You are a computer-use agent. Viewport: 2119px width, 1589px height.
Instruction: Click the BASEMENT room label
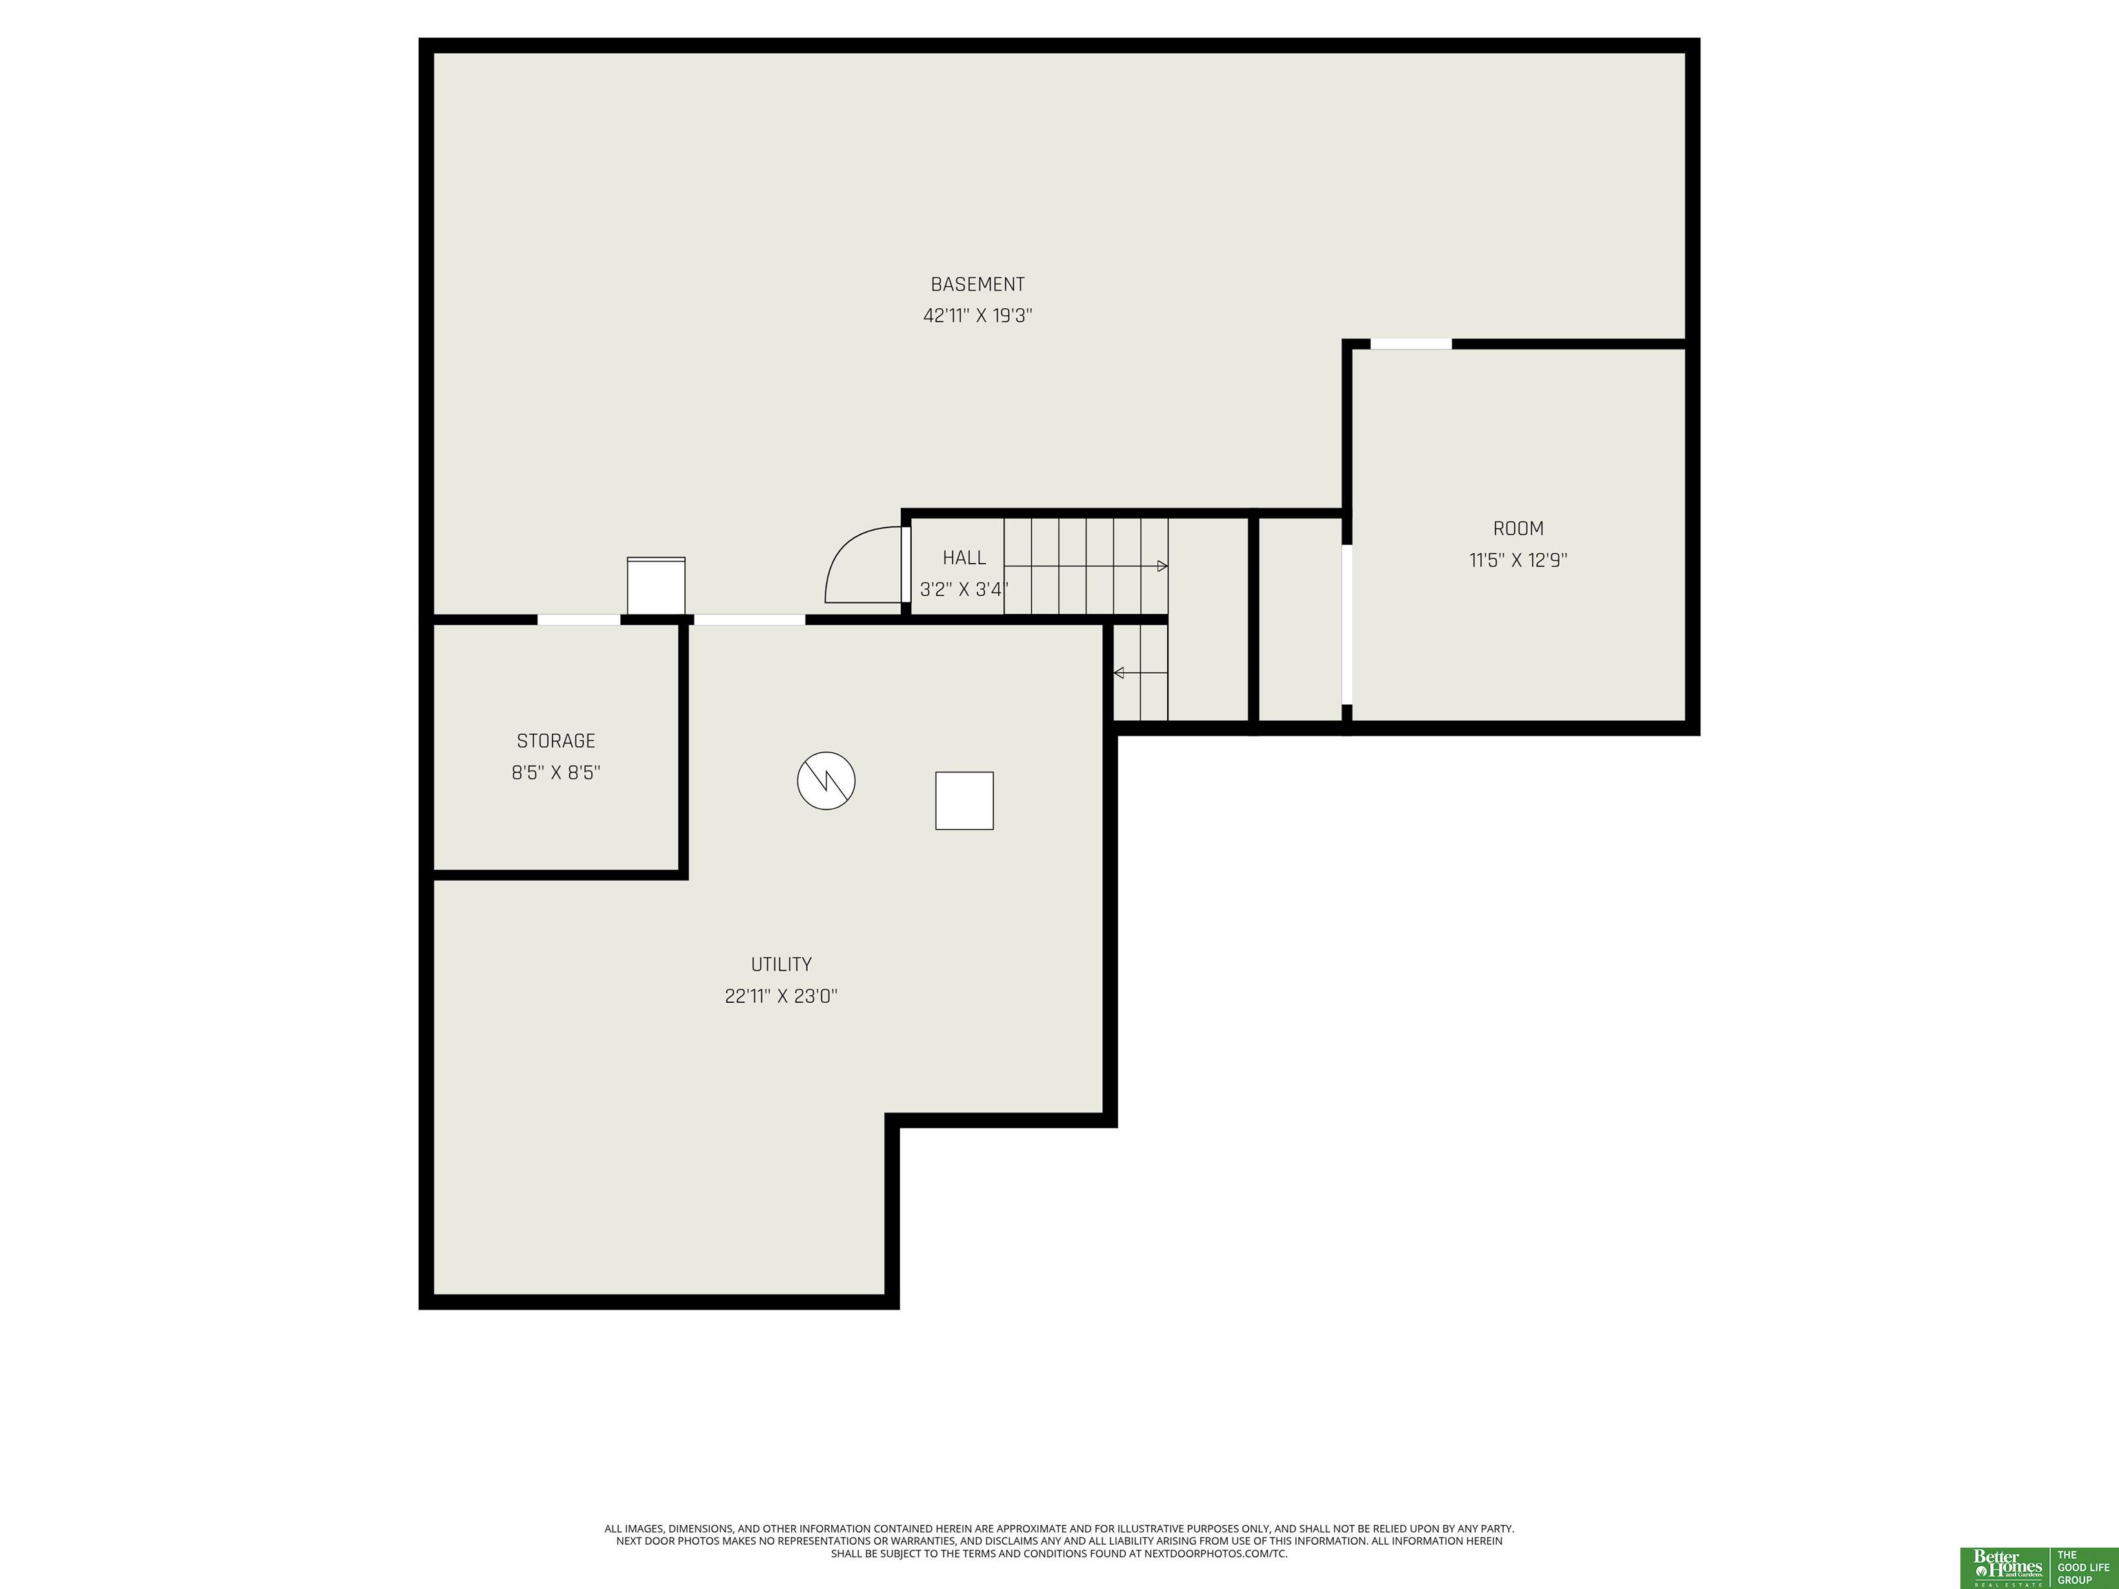pos(977,284)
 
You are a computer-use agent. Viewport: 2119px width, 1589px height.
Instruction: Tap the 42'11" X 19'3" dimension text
pos(977,316)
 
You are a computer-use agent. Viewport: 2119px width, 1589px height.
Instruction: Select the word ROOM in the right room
pos(1518,529)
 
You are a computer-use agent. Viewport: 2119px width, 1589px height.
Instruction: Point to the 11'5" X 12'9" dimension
pos(1518,560)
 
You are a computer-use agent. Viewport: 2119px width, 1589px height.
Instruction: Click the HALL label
pos(964,557)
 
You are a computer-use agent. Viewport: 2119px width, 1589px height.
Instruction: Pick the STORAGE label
pos(555,741)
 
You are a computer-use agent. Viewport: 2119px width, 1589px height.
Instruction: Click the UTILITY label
pos(781,965)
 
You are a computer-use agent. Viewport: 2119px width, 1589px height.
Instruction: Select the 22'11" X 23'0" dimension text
pos(781,996)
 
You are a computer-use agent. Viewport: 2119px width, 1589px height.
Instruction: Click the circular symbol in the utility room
pos(826,781)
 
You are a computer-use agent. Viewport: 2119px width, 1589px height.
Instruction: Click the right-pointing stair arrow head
pos(1163,566)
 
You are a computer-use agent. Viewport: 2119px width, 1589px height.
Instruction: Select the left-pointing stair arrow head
pos(1118,673)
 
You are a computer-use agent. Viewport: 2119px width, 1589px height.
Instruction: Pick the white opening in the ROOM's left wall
pos(1347,624)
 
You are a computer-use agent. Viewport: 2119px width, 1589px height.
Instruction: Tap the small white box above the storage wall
pos(656,586)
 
